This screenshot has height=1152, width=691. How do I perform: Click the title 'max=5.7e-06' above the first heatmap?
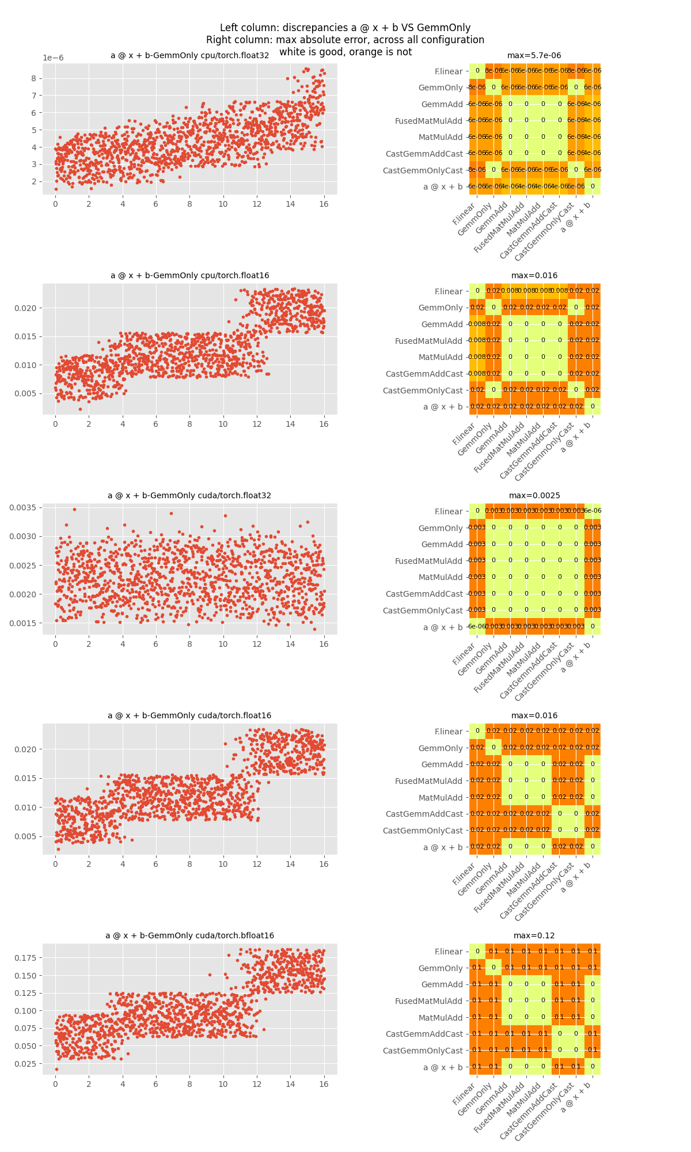point(534,56)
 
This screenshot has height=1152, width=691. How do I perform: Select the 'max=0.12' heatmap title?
point(534,936)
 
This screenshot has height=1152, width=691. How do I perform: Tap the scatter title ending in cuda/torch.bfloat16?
point(189,936)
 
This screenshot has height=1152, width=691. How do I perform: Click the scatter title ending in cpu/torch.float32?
point(189,56)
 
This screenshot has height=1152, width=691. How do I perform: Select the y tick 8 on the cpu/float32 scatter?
point(33,78)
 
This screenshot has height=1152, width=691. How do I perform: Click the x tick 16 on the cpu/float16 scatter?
point(324,425)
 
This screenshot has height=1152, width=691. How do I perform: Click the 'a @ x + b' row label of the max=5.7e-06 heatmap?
point(443,187)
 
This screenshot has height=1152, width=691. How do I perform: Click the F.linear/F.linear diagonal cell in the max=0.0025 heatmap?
point(477,511)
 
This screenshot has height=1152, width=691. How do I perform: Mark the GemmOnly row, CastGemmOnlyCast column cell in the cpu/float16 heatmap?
point(576,308)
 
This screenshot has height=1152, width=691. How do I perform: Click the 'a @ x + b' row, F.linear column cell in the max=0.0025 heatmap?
point(477,627)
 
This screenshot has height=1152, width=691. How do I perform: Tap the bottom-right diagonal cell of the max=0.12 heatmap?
point(593,1067)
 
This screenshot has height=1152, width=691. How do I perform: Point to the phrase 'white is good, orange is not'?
point(345,52)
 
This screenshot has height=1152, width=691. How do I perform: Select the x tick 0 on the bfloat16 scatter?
point(55,1085)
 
